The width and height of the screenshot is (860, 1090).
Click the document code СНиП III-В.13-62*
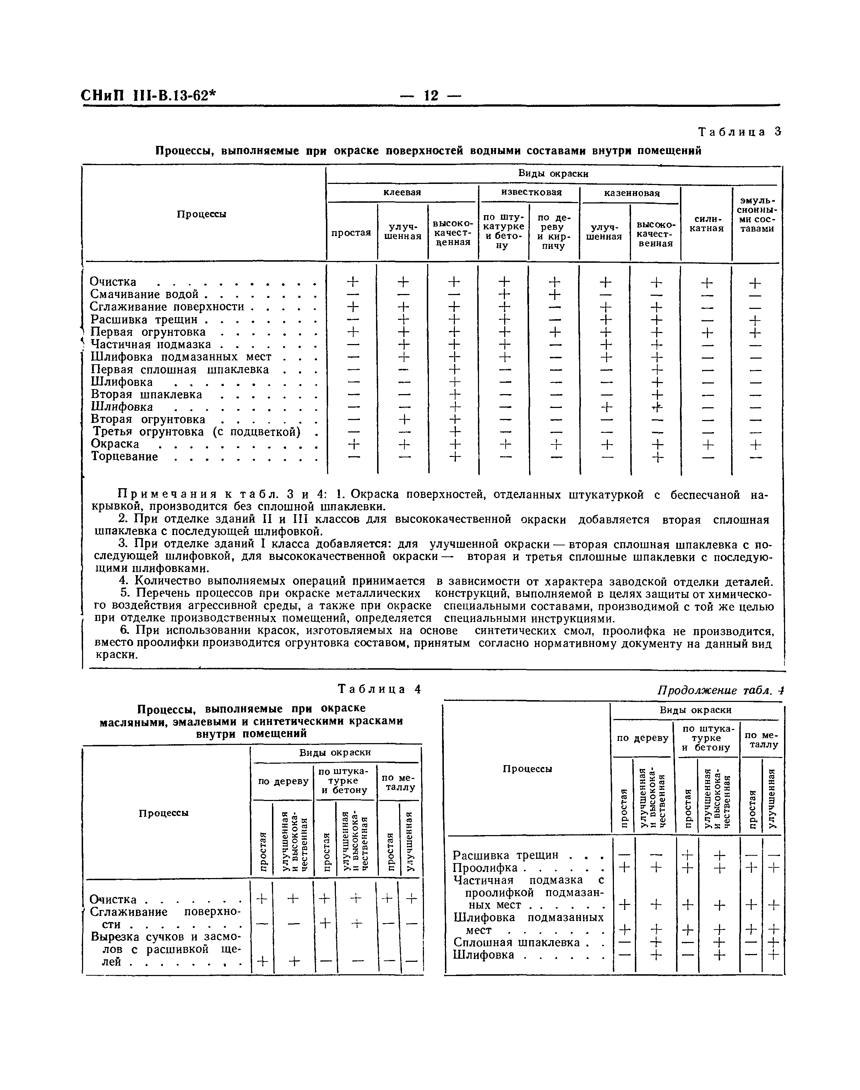pyautogui.click(x=148, y=95)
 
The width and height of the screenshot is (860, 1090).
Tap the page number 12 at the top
pyautogui.click(x=431, y=95)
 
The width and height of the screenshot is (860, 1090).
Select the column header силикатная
pyautogui.click(x=707, y=224)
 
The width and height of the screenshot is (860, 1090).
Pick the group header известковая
pyautogui.click(x=531, y=193)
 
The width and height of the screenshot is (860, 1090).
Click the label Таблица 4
pyautogui.click(x=379, y=689)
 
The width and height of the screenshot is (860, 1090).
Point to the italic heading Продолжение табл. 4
pyautogui.click(x=720, y=691)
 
